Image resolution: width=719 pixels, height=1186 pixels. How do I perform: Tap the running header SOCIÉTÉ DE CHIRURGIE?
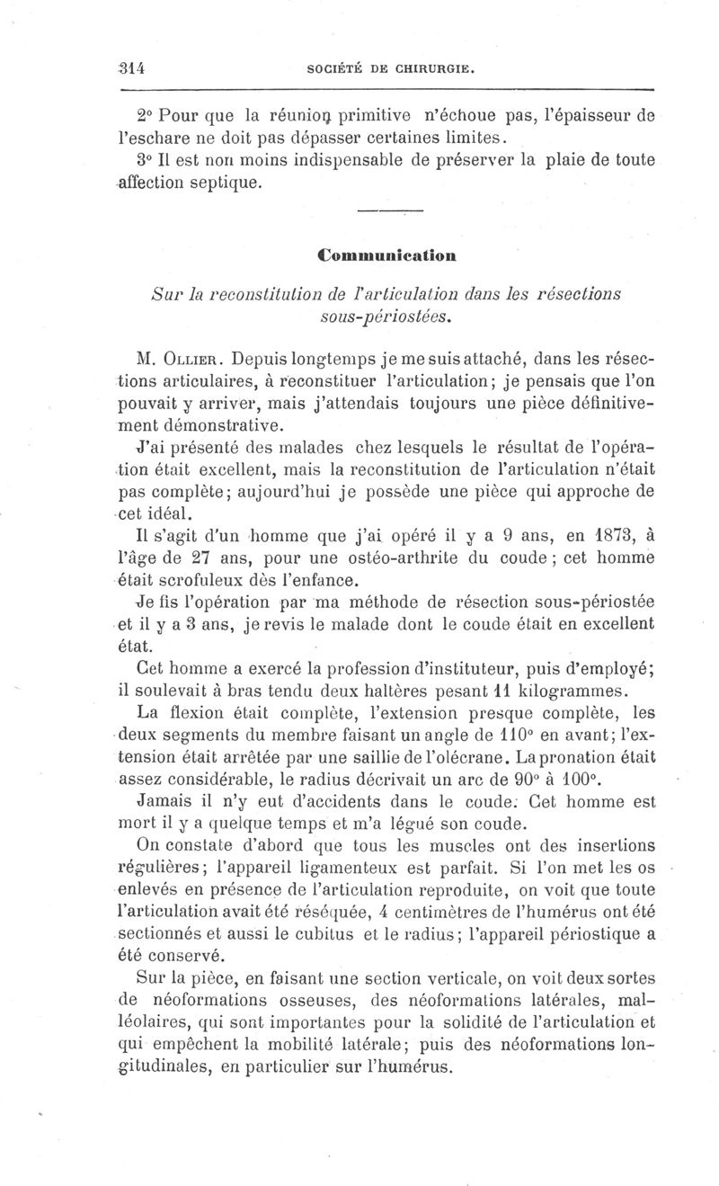385,67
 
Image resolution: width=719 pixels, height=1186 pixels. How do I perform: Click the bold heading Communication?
387,254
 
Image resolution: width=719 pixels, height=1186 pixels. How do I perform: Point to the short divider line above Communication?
389,211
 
